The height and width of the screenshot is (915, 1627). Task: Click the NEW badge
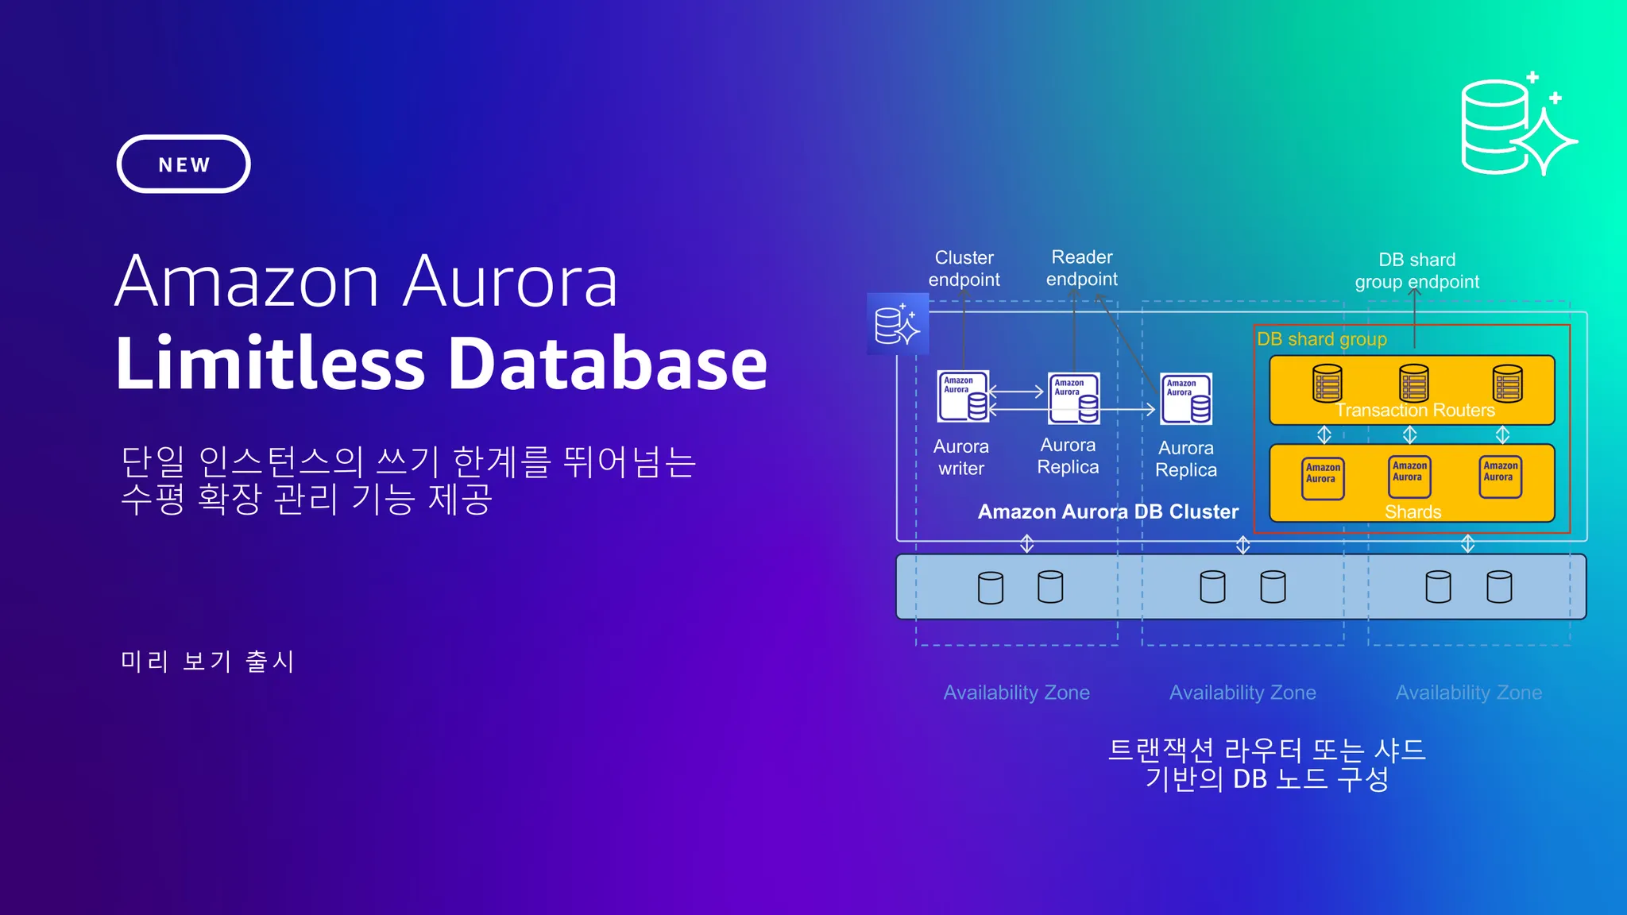[184, 164]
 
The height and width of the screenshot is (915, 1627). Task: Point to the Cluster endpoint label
[964, 268]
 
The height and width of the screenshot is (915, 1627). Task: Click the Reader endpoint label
[1081, 268]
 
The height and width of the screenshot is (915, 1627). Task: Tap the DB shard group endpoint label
[1416, 271]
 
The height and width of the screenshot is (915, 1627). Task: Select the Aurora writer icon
[964, 396]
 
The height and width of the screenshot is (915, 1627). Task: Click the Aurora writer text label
[961, 457]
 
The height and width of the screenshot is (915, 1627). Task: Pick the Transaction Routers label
[1415, 410]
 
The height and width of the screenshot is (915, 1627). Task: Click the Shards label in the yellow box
[1413, 512]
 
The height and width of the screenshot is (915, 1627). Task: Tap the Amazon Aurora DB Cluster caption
[1107, 512]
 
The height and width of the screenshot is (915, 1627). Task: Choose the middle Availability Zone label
[1242, 693]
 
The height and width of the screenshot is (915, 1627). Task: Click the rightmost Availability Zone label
[1469, 693]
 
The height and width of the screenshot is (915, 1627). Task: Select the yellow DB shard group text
[1322, 339]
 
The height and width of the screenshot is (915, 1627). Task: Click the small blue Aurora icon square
[898, 324]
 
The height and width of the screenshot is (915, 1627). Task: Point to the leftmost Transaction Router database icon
[1327, 384]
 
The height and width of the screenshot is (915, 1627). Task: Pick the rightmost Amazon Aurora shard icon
[1500, 477]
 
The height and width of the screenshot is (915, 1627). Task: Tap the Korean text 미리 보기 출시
[207, 661]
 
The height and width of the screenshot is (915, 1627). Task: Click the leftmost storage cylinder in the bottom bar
[990, 588]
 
